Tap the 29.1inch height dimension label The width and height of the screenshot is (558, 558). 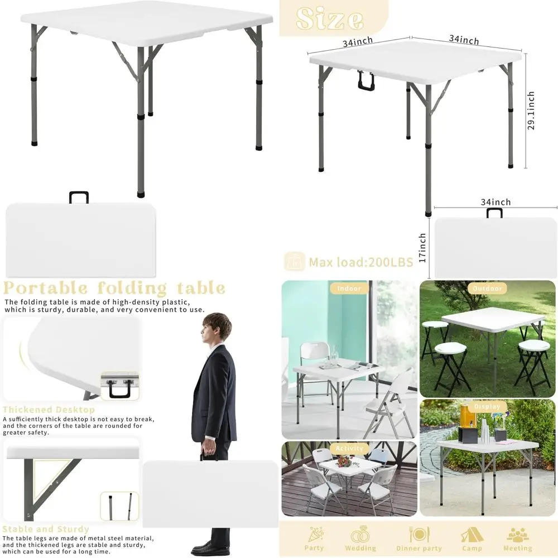(531, 110)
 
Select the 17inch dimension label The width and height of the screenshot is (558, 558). (422, 248)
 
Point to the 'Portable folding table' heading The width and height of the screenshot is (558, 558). (114, 288)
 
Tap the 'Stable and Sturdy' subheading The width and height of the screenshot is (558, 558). (46, 529)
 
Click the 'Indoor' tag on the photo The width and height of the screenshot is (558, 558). (349, 288)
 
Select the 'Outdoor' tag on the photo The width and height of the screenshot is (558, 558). (487, 288)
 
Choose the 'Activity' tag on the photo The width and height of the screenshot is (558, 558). (350, 448)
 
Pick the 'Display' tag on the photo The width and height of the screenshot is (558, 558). (487, 407)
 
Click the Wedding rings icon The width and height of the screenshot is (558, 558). (360, 535)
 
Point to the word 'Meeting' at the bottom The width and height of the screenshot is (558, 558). (517, 549)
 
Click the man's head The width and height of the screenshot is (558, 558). (216, 328)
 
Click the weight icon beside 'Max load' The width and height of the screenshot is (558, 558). (294, 261)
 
